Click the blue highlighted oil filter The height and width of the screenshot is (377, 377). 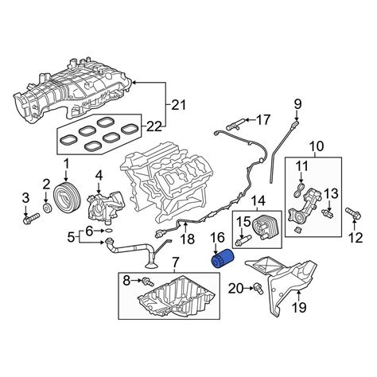point(223,258)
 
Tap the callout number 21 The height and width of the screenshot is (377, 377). point(178,105)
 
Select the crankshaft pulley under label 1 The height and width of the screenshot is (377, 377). point(66,195)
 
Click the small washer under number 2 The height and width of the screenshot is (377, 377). point(48,208)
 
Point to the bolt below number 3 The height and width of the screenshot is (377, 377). point(31,218)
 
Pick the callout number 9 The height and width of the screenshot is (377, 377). point(297,104)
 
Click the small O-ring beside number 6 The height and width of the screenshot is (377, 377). point(108,231)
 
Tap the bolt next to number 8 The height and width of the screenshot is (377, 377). point(148,282)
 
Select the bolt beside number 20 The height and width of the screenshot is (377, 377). point(258,289)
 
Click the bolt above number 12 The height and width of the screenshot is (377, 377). point(353,213)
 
